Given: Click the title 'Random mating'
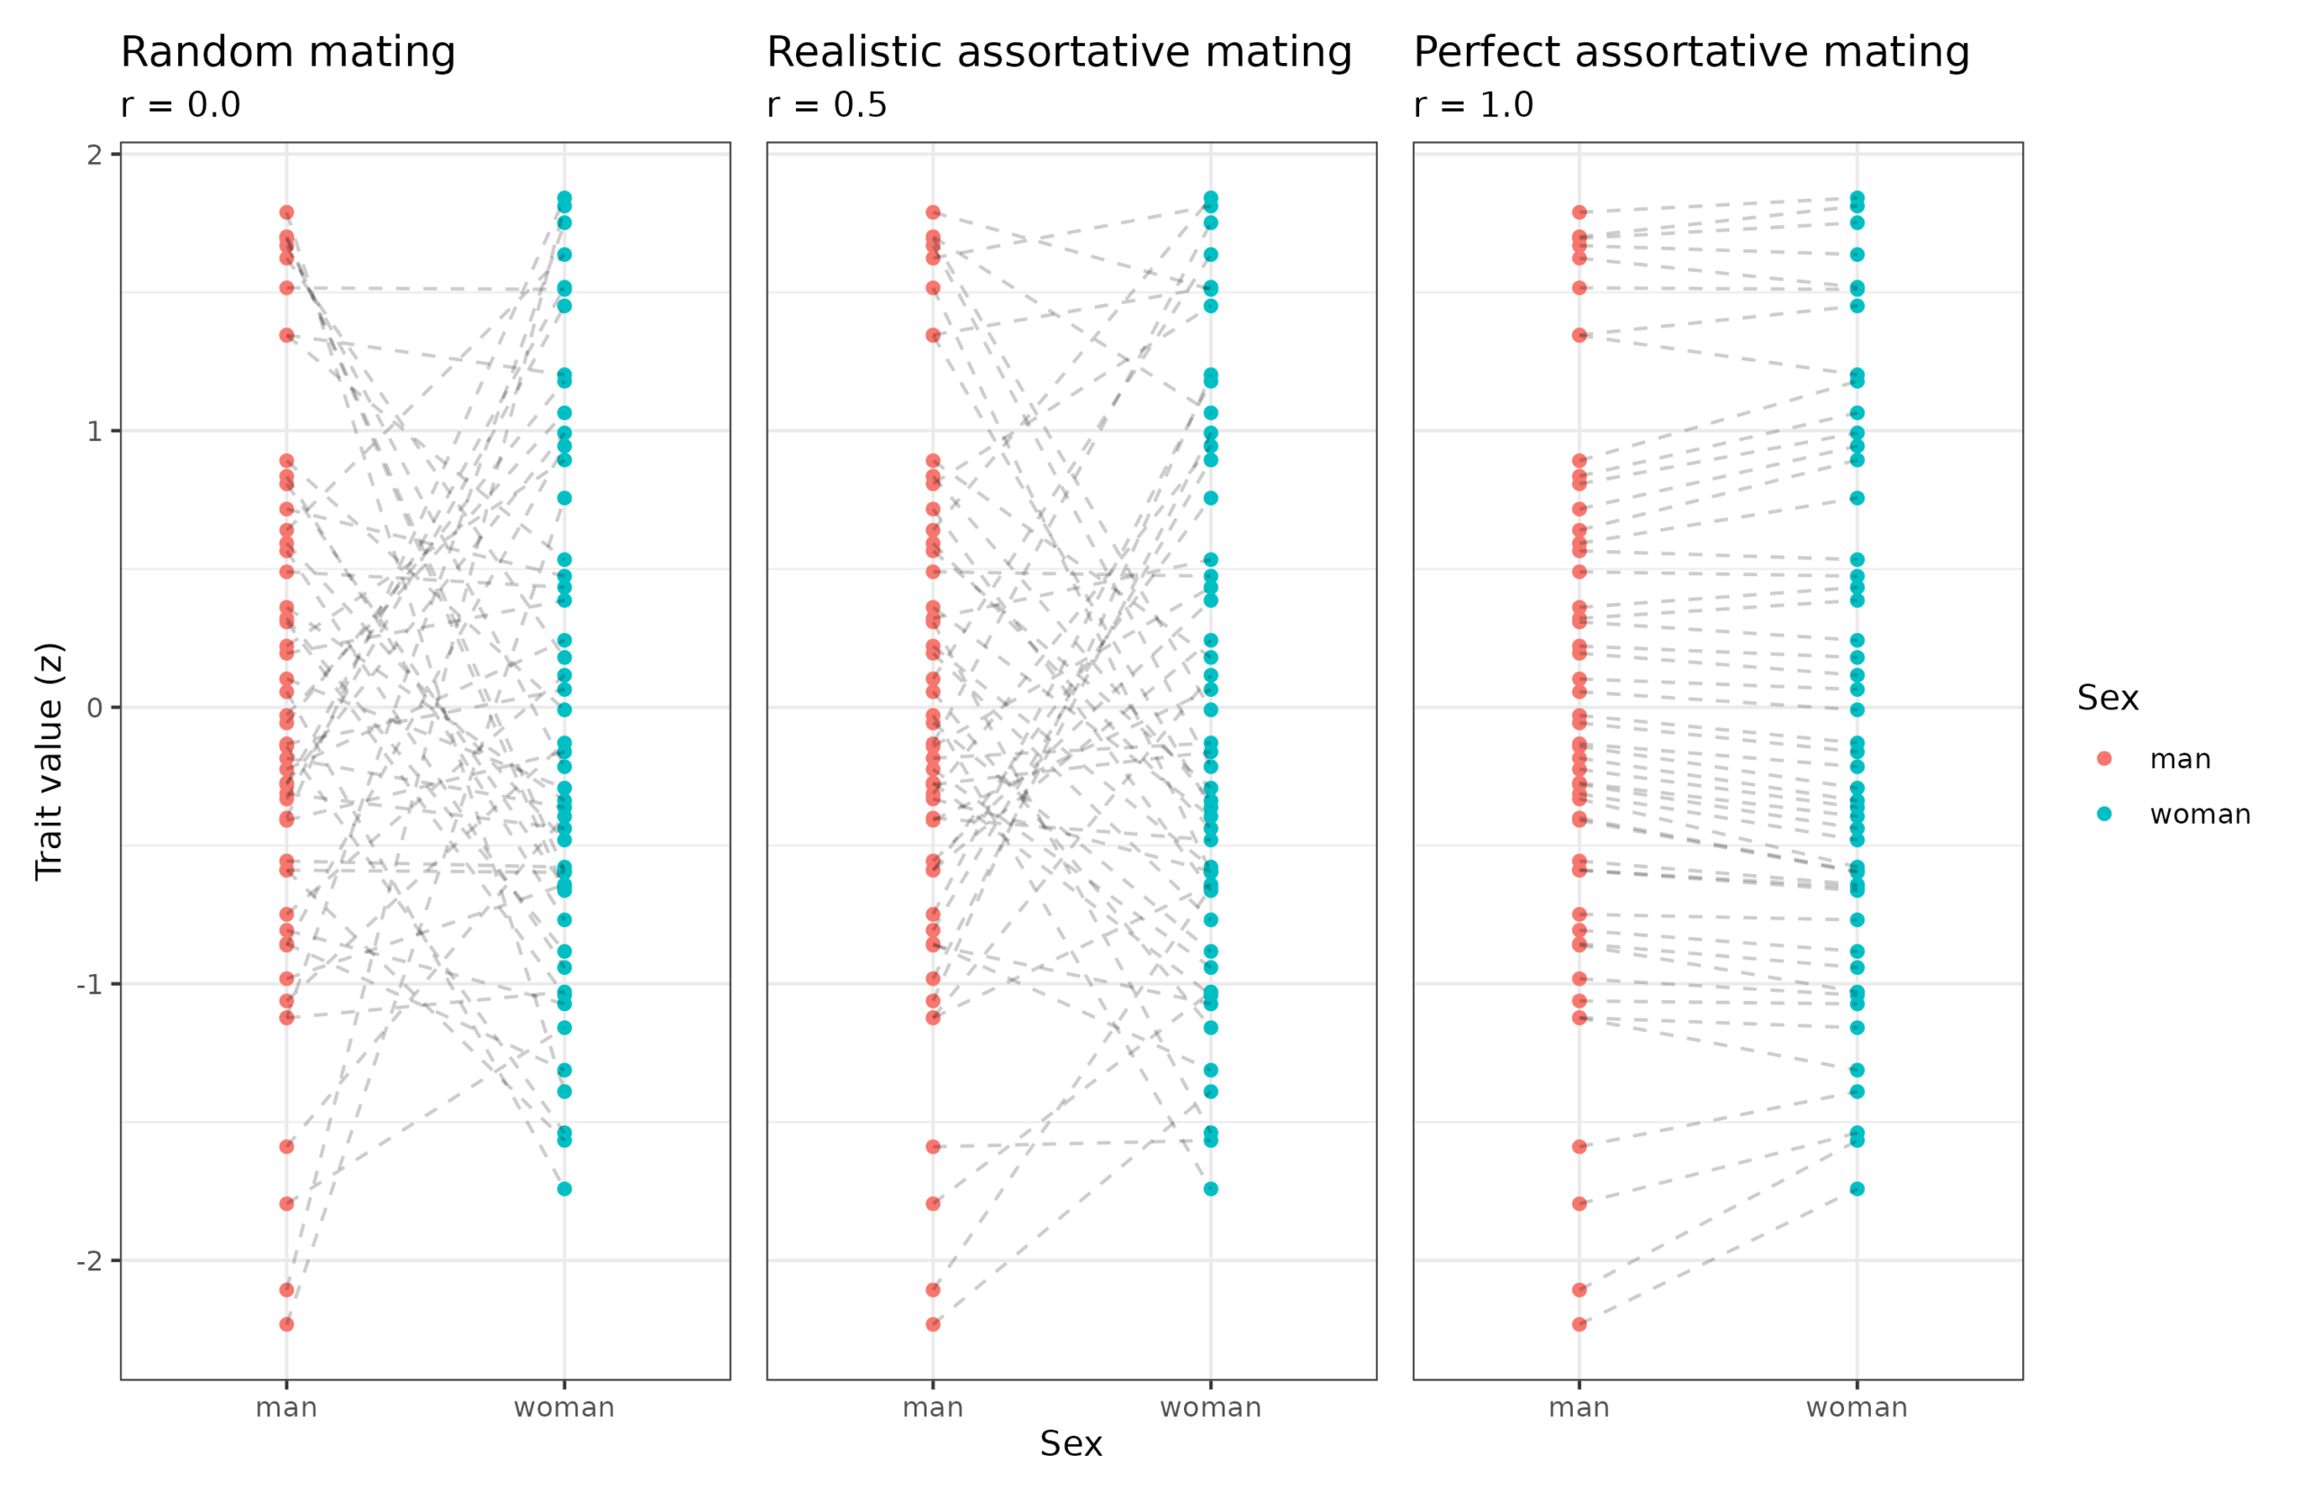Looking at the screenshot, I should pos(287,52).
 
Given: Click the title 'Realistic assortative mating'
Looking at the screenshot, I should pos(1059,52).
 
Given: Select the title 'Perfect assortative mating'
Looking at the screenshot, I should pos(1691,52).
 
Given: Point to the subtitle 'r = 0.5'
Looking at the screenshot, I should pos(827,104).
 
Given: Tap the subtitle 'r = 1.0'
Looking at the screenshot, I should pos(1473,104).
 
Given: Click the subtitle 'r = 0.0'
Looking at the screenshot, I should pos(180,104).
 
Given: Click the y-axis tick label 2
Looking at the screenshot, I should pos(94,155).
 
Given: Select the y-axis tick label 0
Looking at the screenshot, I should pos(94,708).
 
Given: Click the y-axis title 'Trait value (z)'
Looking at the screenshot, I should pos(49,761).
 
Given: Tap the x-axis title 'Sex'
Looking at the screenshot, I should pos(1071,1444).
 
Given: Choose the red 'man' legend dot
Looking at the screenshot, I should pos(2104,759).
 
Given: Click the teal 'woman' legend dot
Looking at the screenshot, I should pos(2104,815).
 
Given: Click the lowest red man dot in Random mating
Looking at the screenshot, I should pos(286,1323).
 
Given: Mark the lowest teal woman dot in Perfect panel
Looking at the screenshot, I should pos(1857,1189).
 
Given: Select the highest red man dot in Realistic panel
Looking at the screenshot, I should pos(933,212).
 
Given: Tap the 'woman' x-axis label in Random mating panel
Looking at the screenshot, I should pos(564,1408).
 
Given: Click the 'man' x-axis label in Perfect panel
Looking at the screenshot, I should pos(1578,1408).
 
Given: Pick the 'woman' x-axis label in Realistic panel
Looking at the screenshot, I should pos(1211,1408).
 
